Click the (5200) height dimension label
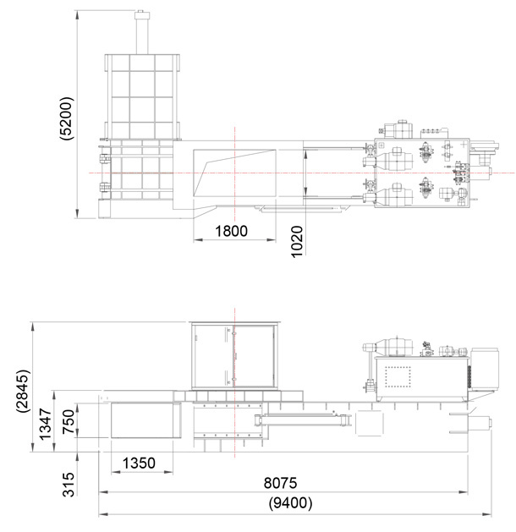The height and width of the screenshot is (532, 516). click(x=66, y=118)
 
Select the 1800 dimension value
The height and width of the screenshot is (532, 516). click(x=232, y=231)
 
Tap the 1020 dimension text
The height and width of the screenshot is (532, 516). click(x=297, y=242)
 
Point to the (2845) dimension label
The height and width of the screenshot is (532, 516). click(x=23, y=392)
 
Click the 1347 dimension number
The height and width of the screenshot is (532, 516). click(x=45, y=424)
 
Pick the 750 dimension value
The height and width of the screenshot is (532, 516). click(x=69, y=421)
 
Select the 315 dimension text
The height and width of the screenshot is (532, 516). click(x=69, y=485)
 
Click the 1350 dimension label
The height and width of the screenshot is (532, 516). click(x=139, y=463)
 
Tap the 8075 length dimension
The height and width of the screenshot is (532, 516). click(x=280, y=483)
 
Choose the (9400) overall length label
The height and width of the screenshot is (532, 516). click(x=290, y=502)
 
